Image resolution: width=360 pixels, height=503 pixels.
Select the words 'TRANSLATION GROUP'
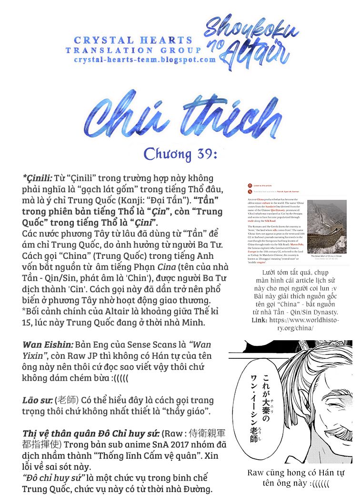133,50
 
